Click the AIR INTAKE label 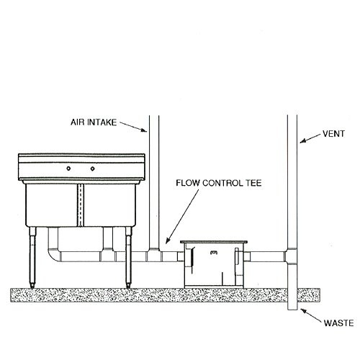click(94, 122)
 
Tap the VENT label click(333, 134)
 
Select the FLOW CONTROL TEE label click(219, 183)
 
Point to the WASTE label click(338, 323)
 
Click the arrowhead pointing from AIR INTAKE click(144, 130)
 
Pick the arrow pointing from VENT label click(310, 138)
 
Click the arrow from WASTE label click(311, 315)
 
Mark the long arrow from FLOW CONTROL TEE click(182, 216)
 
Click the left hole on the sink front click(68, 168)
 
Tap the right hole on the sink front click(93, 168)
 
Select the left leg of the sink click(32, 257)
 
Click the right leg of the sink click(129, 257)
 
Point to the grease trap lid click(214, 242)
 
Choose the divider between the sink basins click(81, 205)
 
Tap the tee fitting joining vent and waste click(291, 256)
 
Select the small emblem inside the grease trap click(214, 252)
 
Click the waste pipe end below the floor click(292, 306)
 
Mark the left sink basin click(52, 205)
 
